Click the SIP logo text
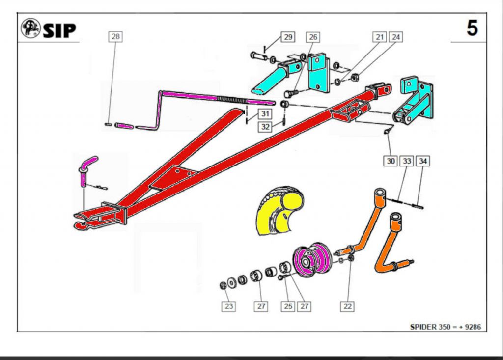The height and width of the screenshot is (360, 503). (x=59, y=30)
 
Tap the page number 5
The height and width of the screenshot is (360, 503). (x=472, y=28)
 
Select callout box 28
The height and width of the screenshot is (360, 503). (x=115, y=36)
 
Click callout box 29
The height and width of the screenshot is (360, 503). (x=288, y=37)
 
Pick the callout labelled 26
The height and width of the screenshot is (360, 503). (x=313, y=37)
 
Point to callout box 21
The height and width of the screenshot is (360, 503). (x=380, y=37)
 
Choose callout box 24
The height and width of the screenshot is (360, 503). (x=396, y=37)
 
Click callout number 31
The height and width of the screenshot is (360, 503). (x=265, y=113)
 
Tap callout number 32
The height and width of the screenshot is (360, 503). (x=265, y=127)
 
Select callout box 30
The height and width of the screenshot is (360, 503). (x=391, y=161)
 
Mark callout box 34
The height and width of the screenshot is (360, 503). (x=423, y=161)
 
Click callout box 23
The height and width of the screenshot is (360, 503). (x=228, y=306)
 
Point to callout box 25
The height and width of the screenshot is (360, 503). (x=288, y=306)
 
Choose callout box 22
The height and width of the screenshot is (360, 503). (x=347, y=306)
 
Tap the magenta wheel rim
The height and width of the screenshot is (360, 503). (x=310, y=260)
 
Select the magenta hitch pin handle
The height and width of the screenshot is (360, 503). (x=87, y=170)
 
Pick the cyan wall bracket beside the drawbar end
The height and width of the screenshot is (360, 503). (x=414, y=100)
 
